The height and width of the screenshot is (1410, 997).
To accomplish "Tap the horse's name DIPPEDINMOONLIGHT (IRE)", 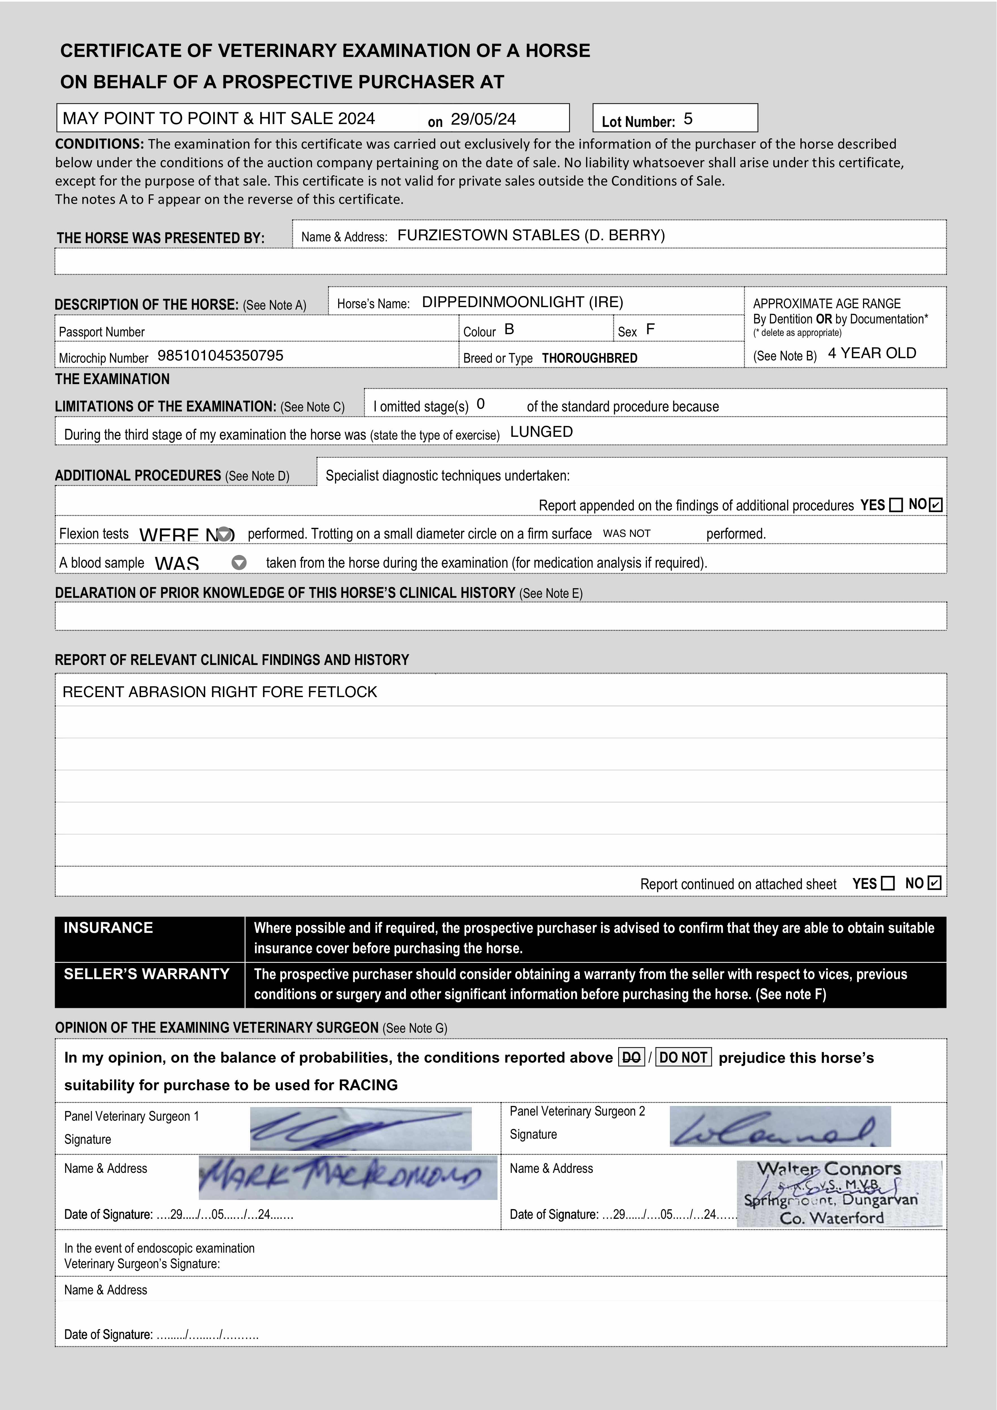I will click(x=522, y=302).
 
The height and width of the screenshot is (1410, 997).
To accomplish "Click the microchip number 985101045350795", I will click(x=221, y=356).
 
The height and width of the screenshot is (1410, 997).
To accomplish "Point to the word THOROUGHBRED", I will click(x=589, y=358).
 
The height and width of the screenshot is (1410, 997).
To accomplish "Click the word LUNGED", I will click(x=541, y=432).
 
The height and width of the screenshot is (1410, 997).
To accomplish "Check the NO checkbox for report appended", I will click(x=936, y=505).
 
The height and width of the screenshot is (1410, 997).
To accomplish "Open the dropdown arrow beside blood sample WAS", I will click(x=239, y=563).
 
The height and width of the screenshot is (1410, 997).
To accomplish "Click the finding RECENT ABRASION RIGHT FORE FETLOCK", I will click(x=219, y=692).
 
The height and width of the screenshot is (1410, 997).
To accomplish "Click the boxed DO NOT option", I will click(x=683, y=1057).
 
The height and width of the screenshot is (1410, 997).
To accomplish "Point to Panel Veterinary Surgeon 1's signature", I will click(x=361, y=1129).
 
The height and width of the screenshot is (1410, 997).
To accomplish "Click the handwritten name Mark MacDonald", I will click(x=348, y=1177).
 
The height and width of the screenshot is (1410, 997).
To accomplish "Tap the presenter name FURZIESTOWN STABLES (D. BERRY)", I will click(x=531, y=235).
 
